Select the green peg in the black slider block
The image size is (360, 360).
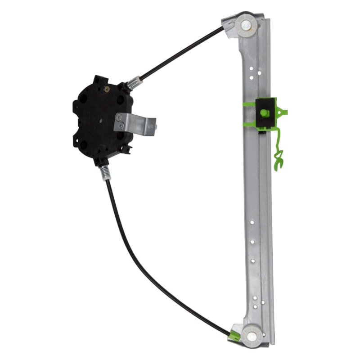264,113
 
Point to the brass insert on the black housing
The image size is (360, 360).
107,89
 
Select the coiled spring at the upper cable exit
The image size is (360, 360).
133,83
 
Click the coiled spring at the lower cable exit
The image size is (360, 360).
105,171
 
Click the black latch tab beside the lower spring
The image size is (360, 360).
125,149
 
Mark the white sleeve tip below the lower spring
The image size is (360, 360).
107,178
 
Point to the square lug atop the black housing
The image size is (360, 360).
98,79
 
